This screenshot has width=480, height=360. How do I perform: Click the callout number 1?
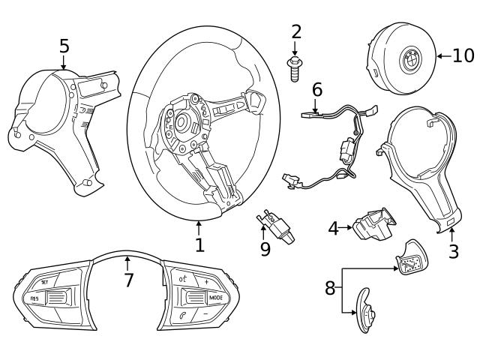click(x=199, y=244)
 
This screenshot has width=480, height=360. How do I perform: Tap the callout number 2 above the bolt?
click(x=296, y=31)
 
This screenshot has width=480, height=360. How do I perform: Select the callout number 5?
click(x=64, y=46)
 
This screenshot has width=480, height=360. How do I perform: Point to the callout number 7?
click(x=128, y=280)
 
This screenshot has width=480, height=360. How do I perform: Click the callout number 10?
click(x=463, y=55)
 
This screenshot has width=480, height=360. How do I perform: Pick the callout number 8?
click(x=331, y=288)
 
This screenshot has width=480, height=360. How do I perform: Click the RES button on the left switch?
click(x=34, y=299)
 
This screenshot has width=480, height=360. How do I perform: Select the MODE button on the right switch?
click(x=215, y=298)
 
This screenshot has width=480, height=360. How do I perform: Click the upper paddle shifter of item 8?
click(x=409, y=259)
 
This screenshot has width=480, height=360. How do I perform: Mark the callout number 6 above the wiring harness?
click(x=317, y=90)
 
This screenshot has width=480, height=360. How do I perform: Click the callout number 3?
click(x=453, y=251)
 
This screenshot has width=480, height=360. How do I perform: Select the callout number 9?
click(x=265, y=249)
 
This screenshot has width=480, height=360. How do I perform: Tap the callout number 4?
click(x=333, y=227)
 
